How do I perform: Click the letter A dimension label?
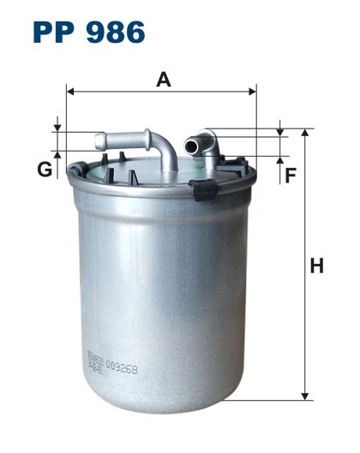pos(163,80)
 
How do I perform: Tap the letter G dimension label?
pos(44,170)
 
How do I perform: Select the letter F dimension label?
pos(291,176)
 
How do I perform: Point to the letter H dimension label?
pos(317,266)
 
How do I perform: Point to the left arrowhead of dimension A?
pos(70,90)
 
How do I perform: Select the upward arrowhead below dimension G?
pos(58,155)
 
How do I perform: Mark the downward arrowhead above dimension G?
pos(58,126)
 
